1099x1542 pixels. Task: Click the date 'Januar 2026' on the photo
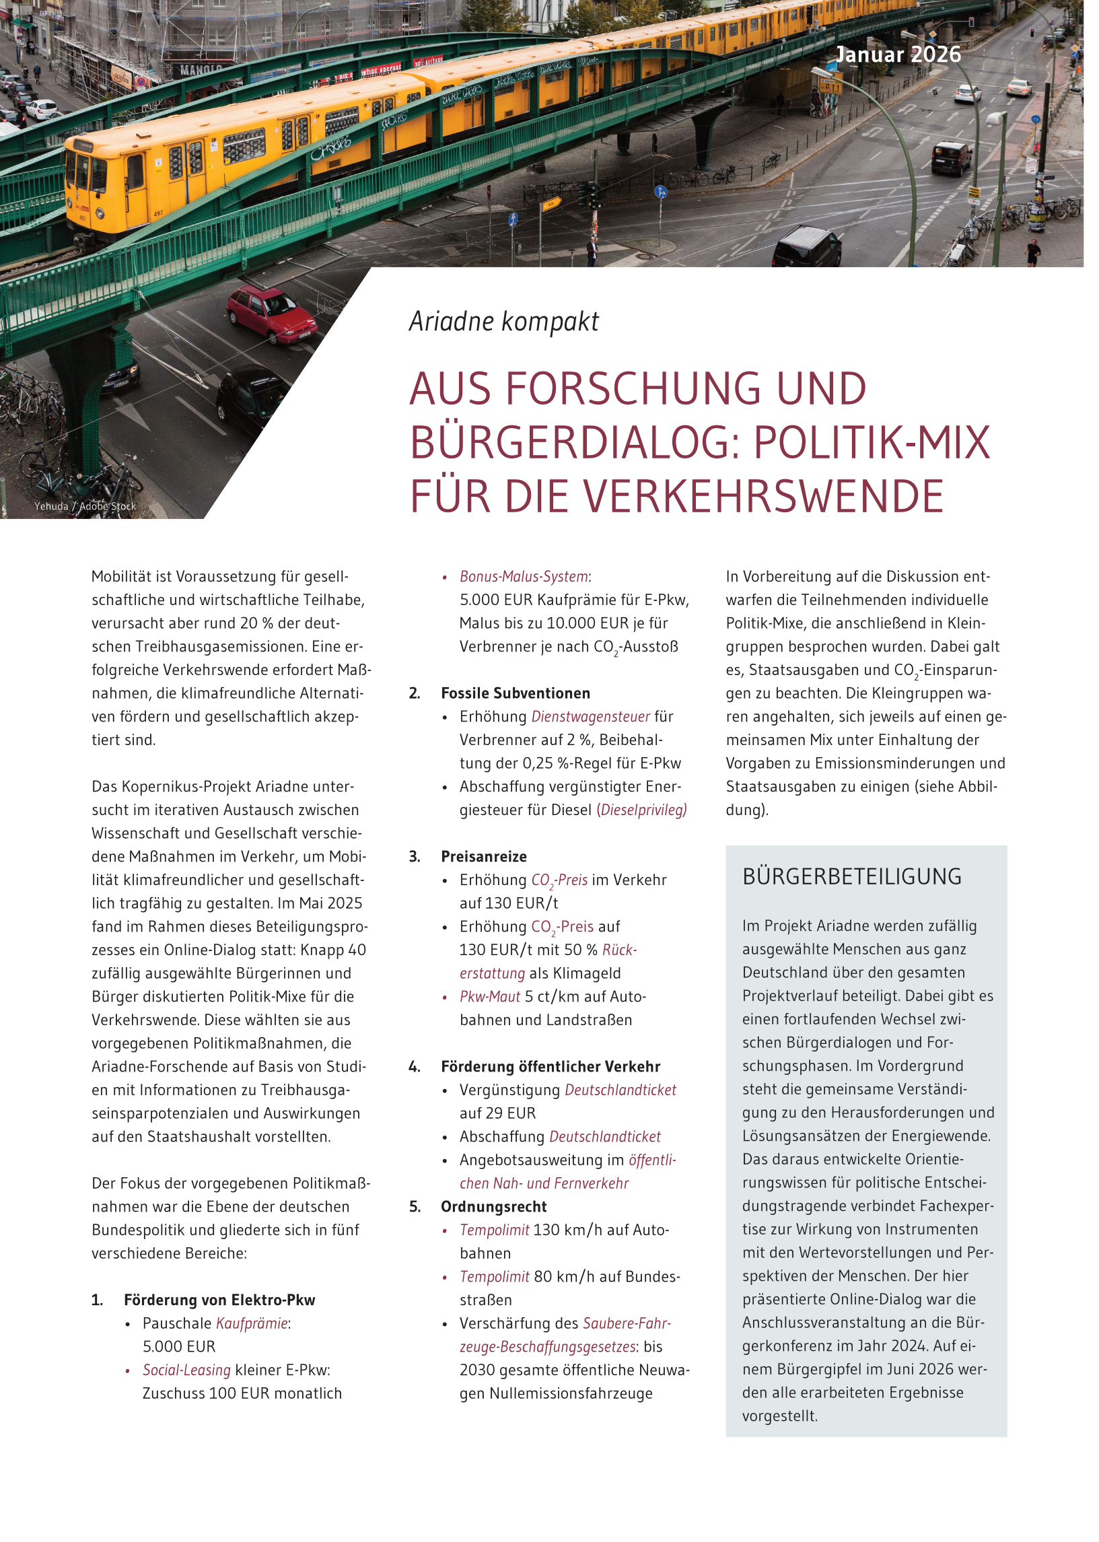(x=898, y=55)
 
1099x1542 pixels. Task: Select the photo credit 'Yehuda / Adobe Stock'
(x=85, y=507)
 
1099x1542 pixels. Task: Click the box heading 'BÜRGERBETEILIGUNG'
(x=852, y=877)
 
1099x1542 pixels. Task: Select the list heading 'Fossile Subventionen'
(x=515, y=693)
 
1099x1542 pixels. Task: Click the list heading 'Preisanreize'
(x=484, y=857)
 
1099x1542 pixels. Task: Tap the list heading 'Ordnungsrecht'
(x=493, y=1207)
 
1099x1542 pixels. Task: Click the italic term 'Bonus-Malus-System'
(x=524, y=577)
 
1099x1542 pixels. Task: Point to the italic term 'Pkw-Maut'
(x=490, y=997)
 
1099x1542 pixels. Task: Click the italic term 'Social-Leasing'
(x=187, y=1370)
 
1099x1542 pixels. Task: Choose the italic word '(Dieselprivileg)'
(x=641, y=810)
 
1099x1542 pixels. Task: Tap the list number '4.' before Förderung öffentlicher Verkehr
(x=414, y=1067)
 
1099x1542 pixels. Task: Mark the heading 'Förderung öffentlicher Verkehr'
(x=551, y=1067)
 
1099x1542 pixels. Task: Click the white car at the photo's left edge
(x=41, y=108)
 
